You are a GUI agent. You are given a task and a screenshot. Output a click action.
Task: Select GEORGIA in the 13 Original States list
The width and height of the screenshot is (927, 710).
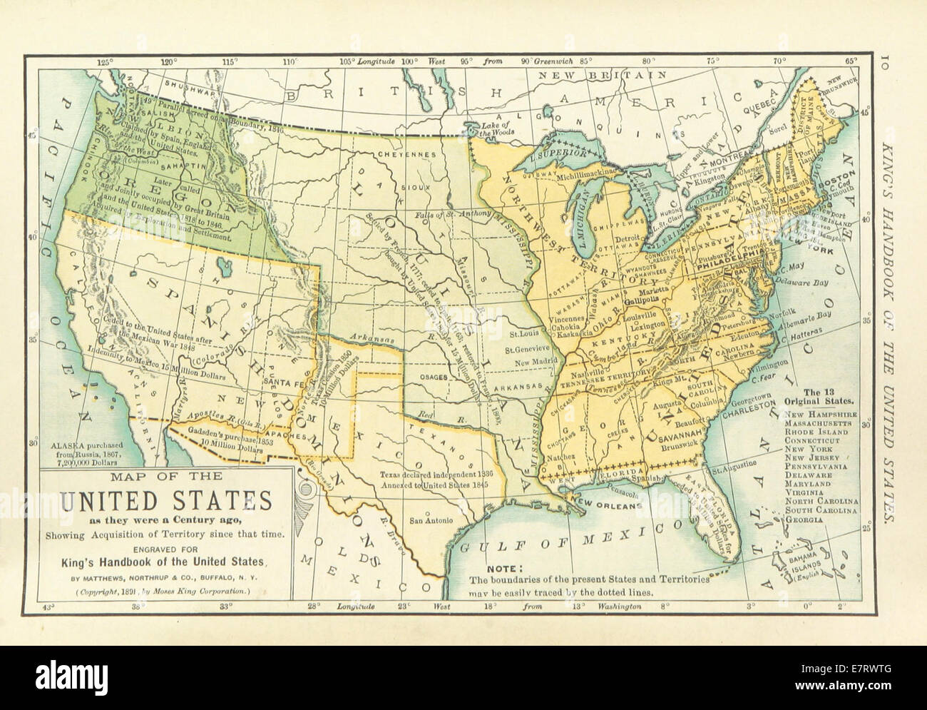(803, 520)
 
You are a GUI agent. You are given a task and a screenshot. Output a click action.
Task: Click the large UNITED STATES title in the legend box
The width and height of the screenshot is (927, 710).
(164, 502)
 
